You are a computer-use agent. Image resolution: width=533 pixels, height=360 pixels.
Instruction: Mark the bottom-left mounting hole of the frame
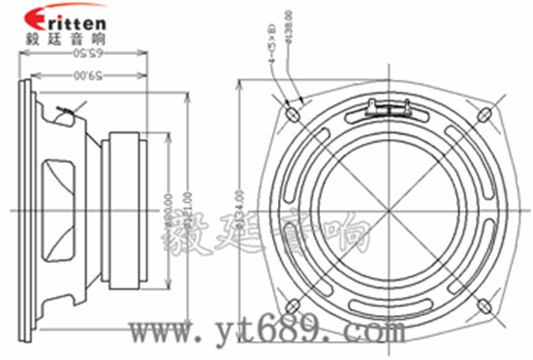click(x=292, y=306)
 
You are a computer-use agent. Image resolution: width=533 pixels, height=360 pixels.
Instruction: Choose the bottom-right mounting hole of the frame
click(x=485, y=306)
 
